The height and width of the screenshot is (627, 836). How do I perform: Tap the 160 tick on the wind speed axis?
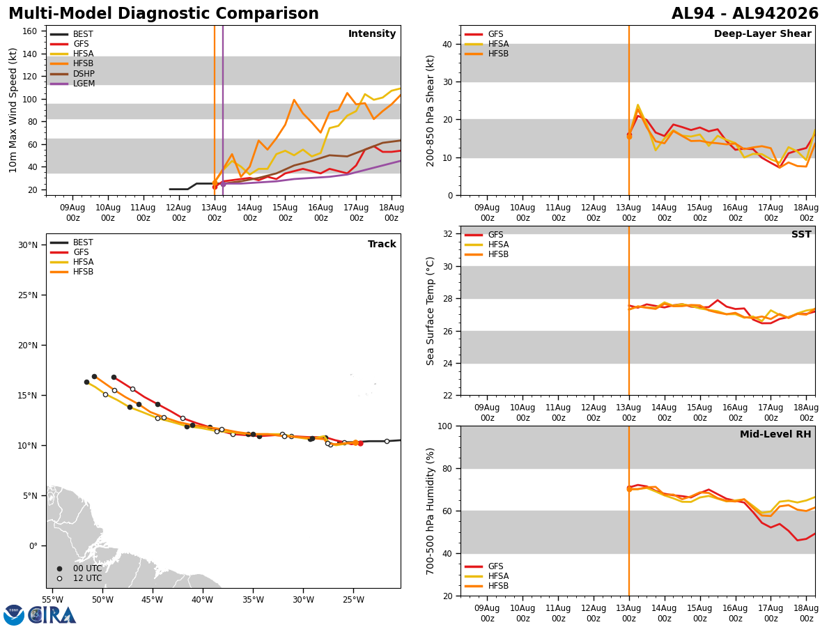29,31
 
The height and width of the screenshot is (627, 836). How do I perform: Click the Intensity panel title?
372,34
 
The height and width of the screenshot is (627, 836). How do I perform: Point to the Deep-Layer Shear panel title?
762,34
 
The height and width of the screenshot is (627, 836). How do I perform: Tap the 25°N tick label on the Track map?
28,295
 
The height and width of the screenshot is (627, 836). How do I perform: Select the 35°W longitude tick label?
253,600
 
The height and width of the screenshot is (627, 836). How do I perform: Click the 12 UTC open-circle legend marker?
59,578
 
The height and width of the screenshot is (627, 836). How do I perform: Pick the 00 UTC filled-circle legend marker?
59,568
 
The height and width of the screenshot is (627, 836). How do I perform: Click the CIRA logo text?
52,615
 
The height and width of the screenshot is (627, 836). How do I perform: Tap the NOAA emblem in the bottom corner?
14,615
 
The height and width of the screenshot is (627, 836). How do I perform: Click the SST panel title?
801,235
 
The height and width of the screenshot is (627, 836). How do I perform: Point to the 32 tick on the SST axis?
448,234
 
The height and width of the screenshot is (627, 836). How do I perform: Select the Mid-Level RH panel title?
775,434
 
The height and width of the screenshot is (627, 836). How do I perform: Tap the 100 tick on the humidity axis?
445,426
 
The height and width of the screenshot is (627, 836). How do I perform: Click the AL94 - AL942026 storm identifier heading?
745,13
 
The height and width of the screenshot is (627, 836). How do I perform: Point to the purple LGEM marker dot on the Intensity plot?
223,184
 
